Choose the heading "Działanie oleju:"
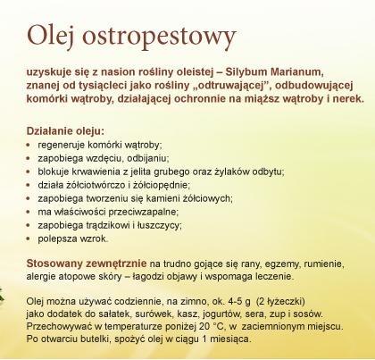tap(65, 131)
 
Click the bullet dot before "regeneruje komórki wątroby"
tap(29, 145)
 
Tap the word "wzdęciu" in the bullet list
tap(104, 158)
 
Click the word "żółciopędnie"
tap(161, 185)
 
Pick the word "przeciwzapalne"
tap(143, 212)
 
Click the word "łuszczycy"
tap(159, 225)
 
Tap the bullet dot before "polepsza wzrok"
tap(29, 239)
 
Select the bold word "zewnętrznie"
tap(116, 264)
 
